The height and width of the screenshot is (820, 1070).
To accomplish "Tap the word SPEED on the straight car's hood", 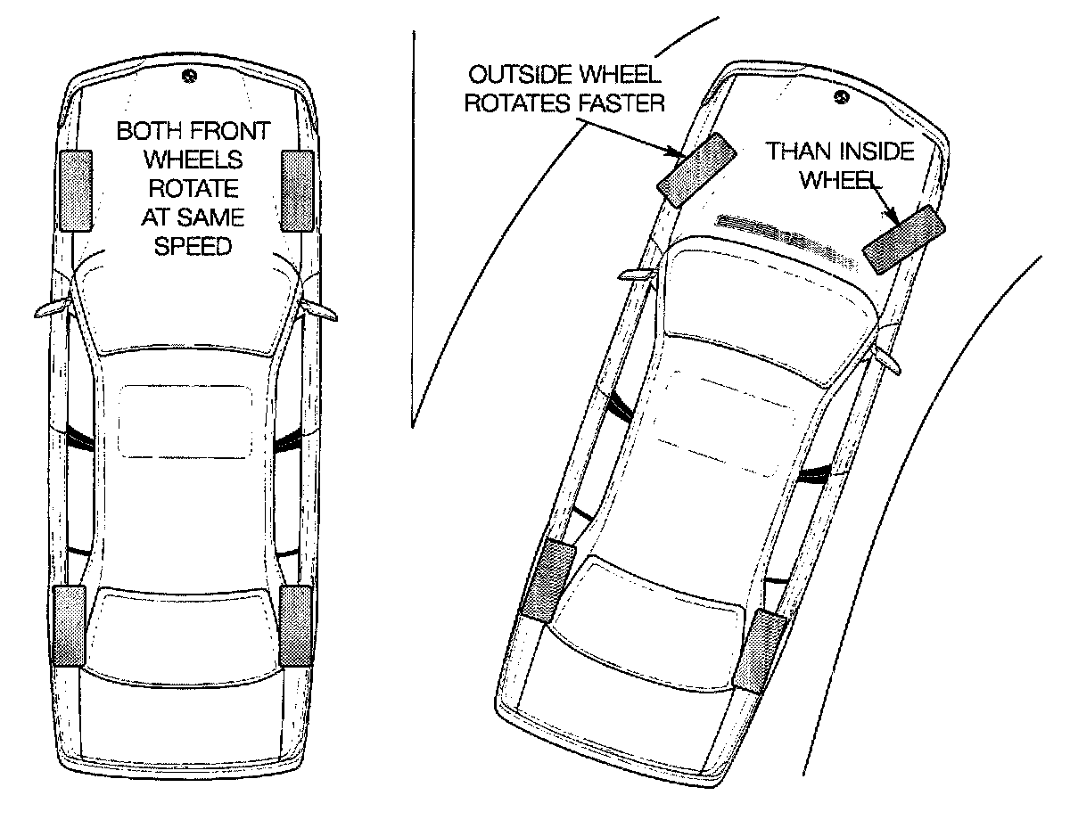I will click(193, 246).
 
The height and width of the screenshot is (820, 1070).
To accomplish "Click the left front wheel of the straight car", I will click(75, 191).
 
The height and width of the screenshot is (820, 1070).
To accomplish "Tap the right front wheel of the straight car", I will click(296, 191).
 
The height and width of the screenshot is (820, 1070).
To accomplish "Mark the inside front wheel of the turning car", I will click(904, 239).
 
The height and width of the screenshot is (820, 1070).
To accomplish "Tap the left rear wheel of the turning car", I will click(543, 580).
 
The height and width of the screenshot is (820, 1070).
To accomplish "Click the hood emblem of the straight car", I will click(186, 77).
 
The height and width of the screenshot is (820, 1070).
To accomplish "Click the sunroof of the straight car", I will click(185, 421).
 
